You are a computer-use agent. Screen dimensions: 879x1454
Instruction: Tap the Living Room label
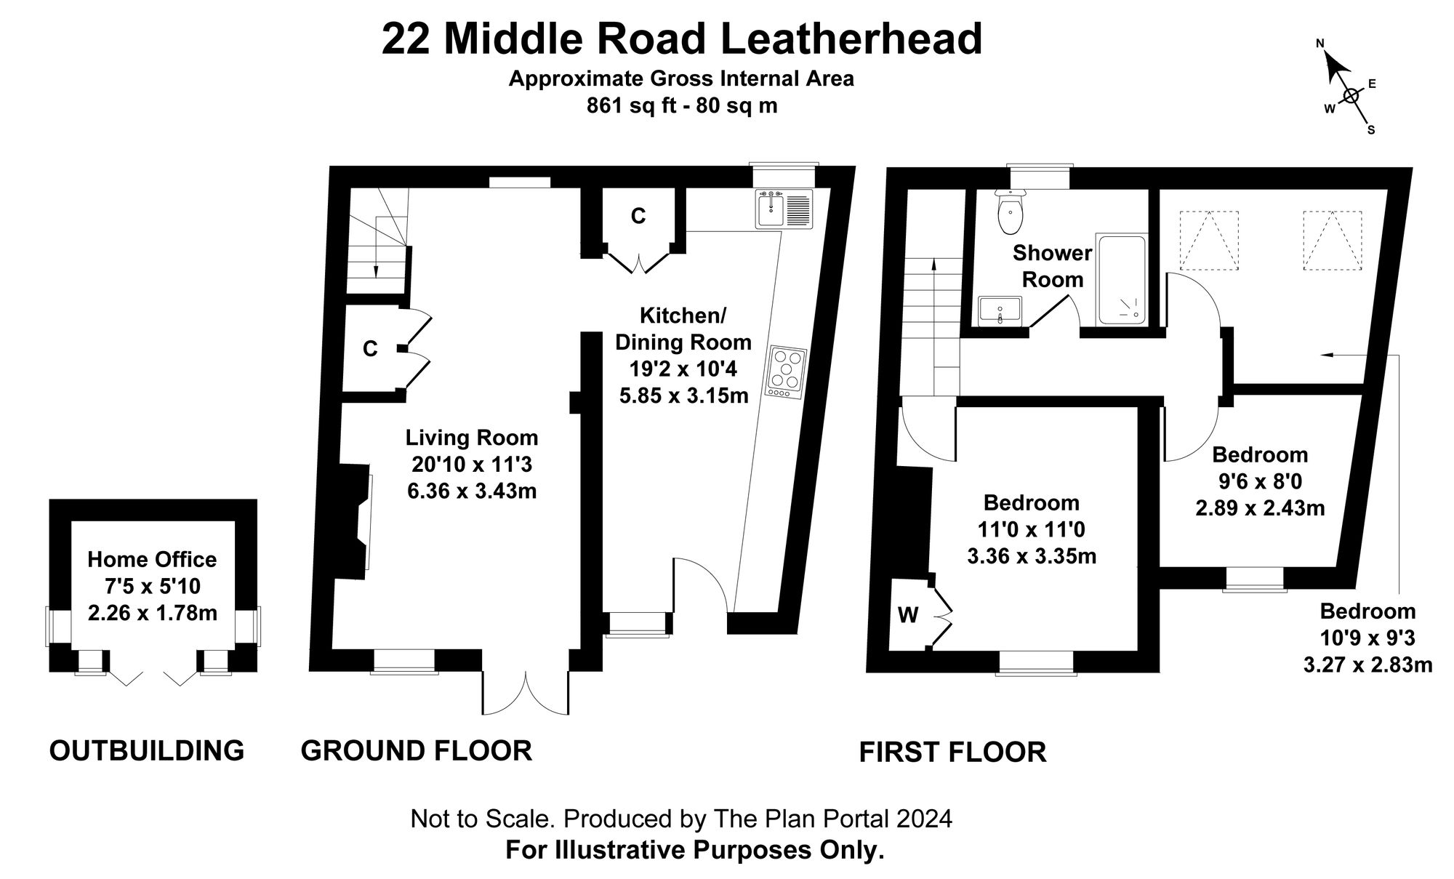click(472, 438)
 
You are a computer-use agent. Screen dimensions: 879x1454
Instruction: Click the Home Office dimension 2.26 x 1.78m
click(152, 613)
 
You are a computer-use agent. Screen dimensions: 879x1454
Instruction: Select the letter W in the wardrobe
click(907, 616)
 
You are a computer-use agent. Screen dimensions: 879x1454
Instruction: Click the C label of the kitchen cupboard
click(638, 216)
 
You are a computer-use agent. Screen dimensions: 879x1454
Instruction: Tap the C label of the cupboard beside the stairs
click(370, 350)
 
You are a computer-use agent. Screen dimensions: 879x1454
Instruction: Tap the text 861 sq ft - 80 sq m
click(681, 106)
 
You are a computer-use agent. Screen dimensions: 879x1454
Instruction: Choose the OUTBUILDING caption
click(146, 750)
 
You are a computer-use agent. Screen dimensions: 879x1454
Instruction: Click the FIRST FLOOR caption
click(952, 752)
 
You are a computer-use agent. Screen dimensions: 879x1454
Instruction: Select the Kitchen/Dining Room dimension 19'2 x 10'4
click(683, 369)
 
